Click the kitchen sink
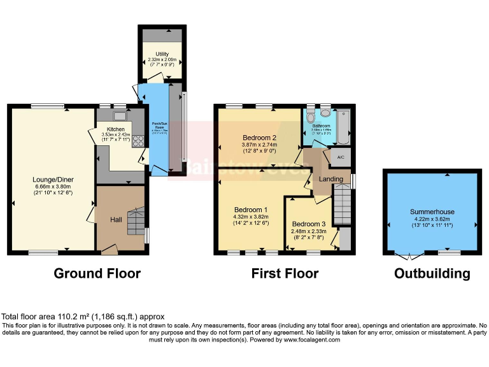pyautogui.click(x=119, y=116)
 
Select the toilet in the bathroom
pyautogui.click(x=310, y=117)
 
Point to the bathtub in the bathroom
pyautogui.click(x=343, y=126)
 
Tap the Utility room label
pyautogui.click(x=162, y=54)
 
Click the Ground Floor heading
pyautogui.click(x=97, y=273)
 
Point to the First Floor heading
pyautogui.click(x=285, y=273)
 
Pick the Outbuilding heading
pyautogui.click(x=432, y=273)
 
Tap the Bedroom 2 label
pyautogui.click(x=259, y=137)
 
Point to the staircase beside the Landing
pyautogui.click(x=342, y=203)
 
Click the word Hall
pyautogui.click(x=116, y=220)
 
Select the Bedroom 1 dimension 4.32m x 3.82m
pyautogui.click(x=251, y=217)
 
